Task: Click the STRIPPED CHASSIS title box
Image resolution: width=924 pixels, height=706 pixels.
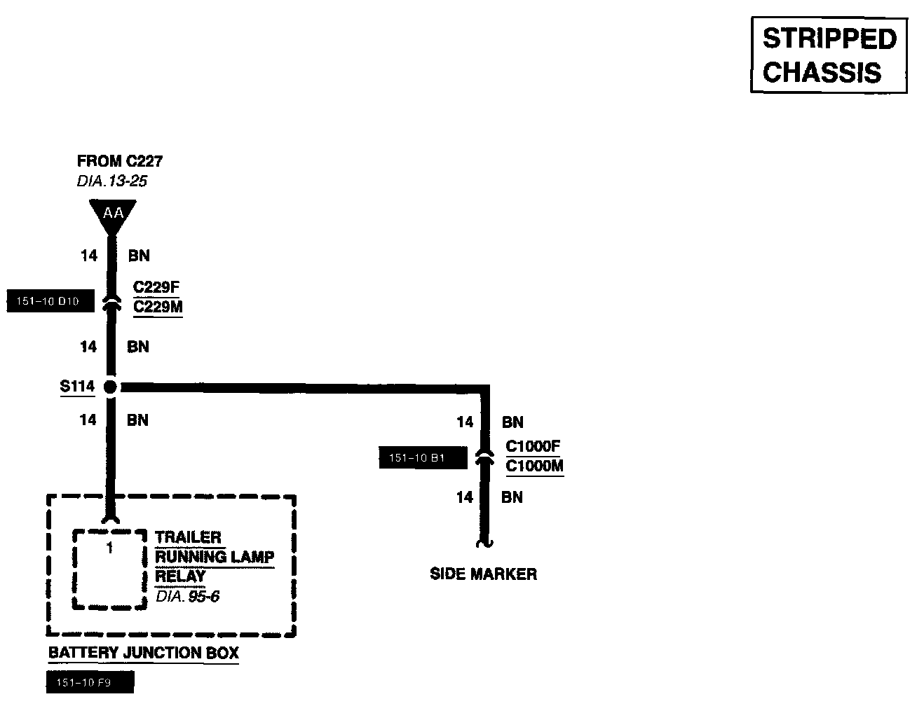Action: (829, 55)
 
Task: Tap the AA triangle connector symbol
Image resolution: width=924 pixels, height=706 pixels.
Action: (112, 213)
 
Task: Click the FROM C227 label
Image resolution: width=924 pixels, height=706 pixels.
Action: (120, 161)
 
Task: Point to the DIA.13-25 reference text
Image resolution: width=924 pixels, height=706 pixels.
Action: (112, 181)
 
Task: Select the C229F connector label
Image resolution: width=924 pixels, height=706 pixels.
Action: (157, 288)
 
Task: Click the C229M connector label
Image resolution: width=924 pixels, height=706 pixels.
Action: (158, 307)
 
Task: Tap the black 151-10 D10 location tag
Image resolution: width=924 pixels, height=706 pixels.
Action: (50, 302)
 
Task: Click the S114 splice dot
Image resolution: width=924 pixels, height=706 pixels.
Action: (110, 386)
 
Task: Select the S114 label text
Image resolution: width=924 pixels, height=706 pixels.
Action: (77, 386)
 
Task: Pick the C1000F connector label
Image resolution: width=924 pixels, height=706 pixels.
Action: (534, 446)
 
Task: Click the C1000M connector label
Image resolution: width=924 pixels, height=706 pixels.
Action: (534, 466)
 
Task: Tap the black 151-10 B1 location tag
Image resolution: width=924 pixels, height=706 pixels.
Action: (423, 458)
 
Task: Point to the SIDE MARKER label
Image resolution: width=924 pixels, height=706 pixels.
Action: (483, 574)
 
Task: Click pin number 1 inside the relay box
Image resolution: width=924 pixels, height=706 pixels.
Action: (109, 548)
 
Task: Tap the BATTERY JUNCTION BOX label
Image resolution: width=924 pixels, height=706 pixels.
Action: (144, 653)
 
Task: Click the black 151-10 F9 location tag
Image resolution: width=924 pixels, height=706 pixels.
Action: (89, 683)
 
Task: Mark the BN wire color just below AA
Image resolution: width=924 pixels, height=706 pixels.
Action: (139, 256)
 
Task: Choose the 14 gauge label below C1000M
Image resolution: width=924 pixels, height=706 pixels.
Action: (465, 497)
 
